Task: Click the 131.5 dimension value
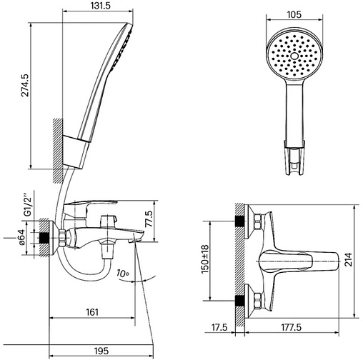pos(101,6)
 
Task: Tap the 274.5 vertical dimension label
pos(25,85)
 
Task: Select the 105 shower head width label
pos(294,15)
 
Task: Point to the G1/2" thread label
pos(28,206)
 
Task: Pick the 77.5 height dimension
pos(149,219)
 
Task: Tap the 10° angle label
pos(123,274)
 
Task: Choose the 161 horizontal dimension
pos(92,312)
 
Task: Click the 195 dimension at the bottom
pos(101,351)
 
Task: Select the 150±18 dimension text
pos(205,259)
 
